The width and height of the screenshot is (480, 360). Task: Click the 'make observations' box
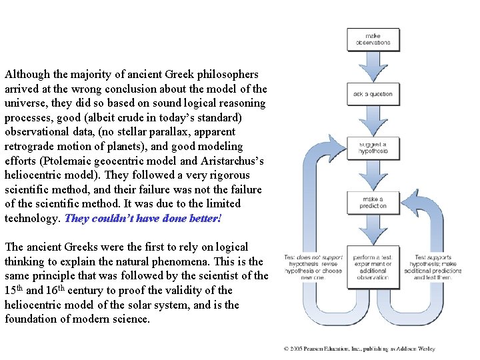click(373, 39)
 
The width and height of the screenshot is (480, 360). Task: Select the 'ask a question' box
click(373, 94)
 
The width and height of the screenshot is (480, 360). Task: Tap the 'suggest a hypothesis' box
click(373, 148)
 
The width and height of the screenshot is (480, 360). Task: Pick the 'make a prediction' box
click(373, 202)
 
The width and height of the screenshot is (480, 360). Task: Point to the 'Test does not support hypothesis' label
click(313, 266)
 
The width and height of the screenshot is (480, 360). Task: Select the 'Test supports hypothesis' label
click(433, 266)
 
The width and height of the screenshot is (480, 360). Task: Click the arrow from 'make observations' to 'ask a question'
click(373, 67)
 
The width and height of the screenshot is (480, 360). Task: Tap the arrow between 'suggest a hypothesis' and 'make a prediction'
click(373, 175)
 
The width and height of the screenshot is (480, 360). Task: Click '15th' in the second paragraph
click(15, 290)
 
